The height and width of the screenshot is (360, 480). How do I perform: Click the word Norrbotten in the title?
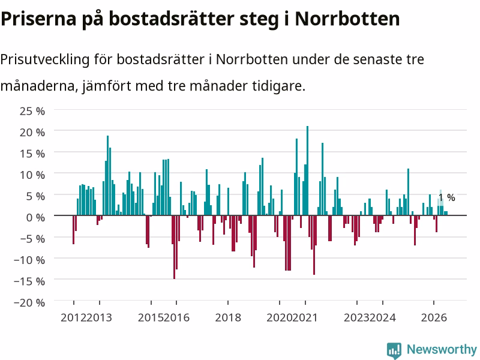coord(347,19)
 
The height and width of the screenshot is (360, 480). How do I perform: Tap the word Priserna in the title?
coord(38,19)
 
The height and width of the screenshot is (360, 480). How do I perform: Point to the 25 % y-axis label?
coord(32,111)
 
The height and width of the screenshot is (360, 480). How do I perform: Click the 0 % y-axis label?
coord(35,218)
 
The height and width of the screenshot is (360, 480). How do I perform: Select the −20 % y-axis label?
coord(29,303)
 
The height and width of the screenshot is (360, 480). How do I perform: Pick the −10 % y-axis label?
coord(29,260)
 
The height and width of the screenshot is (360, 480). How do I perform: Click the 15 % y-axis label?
coord(32,154)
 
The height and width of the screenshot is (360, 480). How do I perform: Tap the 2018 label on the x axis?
coord(228,317)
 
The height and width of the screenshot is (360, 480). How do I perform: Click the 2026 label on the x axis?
coord(434,317)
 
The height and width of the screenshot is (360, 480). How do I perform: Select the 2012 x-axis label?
coord(73,317)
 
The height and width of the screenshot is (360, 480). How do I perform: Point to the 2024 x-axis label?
coord(383,317)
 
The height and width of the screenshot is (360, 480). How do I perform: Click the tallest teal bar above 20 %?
coord(307,170)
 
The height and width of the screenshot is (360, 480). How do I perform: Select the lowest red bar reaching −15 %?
coord(174,247)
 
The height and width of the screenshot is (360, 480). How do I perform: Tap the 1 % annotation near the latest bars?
coord(447,197)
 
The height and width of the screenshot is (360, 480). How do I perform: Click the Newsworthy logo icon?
coord(394,350)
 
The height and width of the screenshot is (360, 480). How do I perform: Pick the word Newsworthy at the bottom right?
coord(442,349)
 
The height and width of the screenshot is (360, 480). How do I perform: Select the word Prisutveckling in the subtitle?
coord(45,59)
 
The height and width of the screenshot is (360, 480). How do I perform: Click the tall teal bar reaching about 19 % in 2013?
coord(108,175)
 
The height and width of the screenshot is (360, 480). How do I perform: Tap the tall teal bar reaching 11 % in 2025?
coord(408,192)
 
